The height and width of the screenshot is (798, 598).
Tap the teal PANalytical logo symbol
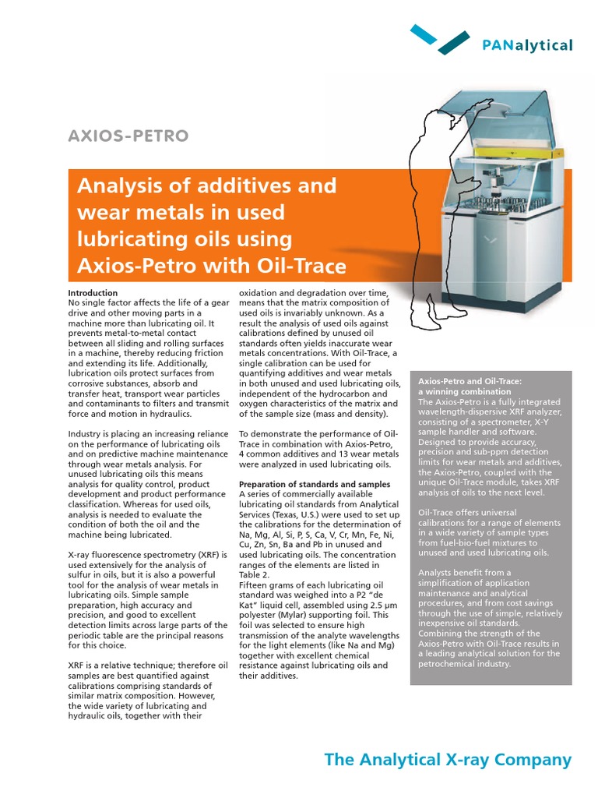440,39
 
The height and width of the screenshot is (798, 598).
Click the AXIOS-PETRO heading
128,136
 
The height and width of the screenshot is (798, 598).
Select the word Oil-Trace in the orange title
300,266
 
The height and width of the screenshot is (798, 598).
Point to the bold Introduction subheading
93,292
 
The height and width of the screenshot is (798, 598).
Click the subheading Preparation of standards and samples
315,484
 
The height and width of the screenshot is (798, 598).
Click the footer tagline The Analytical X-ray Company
448,760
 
